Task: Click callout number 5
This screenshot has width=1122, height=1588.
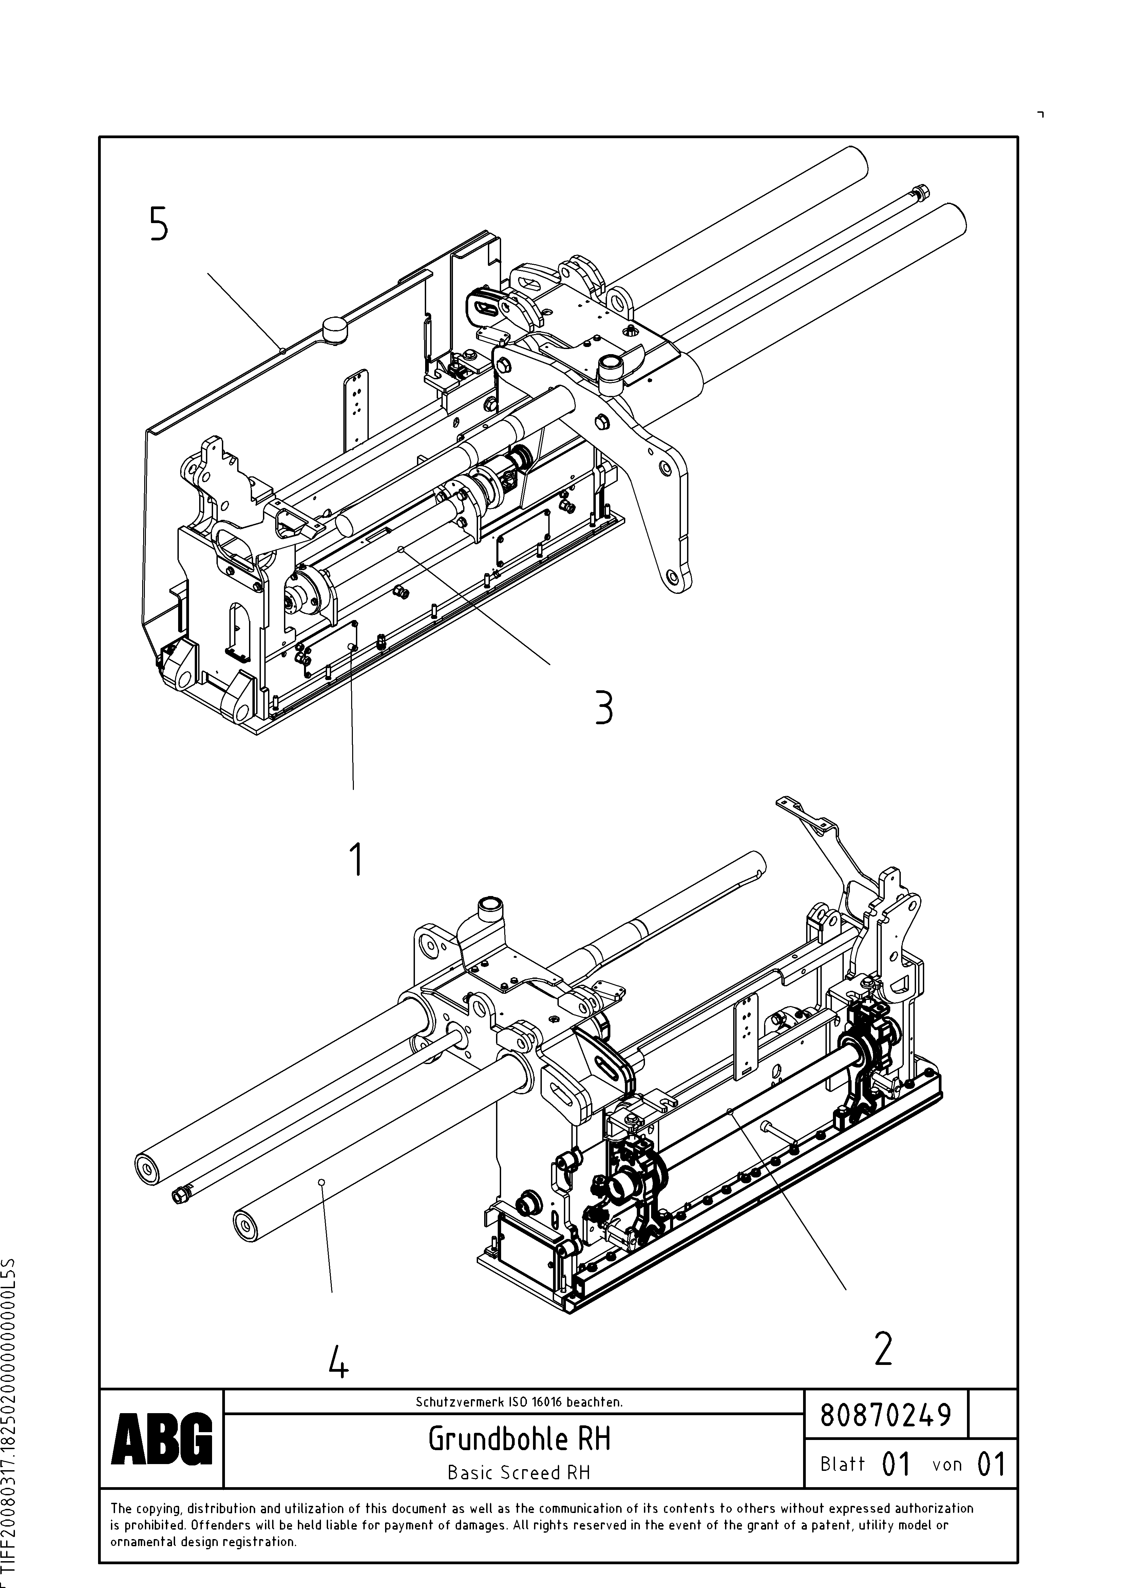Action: (x=158, y=225)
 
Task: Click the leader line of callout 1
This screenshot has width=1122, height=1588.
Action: (x=353, y=719)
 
